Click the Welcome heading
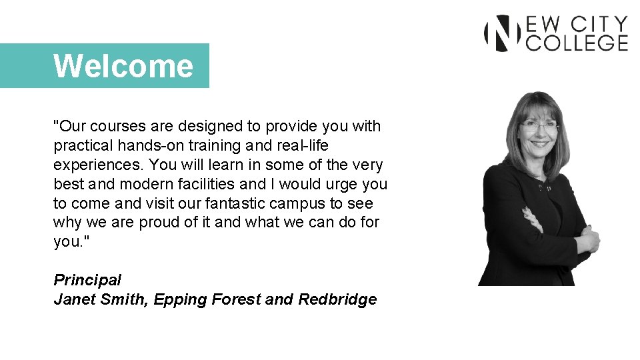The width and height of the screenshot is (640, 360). (x=123, y=66)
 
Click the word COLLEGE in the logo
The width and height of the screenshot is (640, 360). (x=577, y=43)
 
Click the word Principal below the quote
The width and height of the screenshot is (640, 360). (x=87, y=280)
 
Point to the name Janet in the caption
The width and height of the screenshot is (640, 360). (x=73, y=299)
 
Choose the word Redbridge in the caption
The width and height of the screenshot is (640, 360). (x=337, y=299)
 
